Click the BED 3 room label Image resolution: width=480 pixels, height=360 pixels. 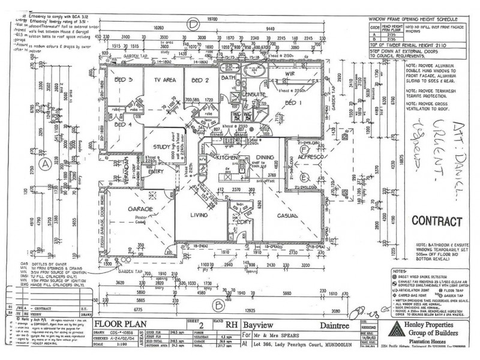(122, 79)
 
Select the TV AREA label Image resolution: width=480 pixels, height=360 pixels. (164, 79)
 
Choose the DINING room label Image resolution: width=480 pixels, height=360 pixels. (265, 157)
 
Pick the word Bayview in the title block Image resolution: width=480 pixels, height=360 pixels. (262, 324)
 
